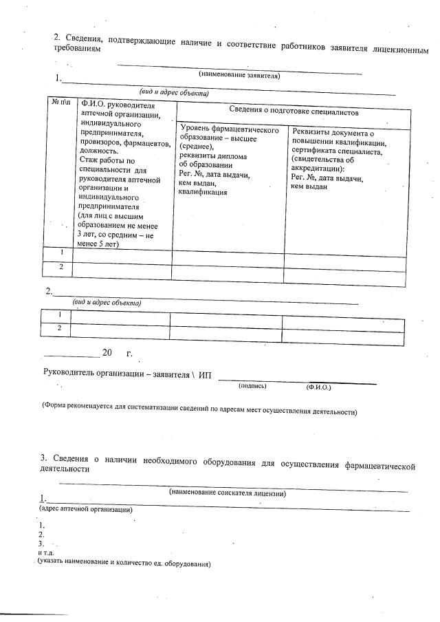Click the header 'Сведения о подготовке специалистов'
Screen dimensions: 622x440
point(293,111)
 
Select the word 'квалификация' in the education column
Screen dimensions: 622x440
point(203,193)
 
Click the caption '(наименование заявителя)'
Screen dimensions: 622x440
point(239,75)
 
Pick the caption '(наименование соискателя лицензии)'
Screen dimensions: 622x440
point(228,493)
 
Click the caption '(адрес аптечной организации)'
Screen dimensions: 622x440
point(85,510)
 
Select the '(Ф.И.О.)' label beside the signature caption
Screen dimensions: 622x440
point(318,387)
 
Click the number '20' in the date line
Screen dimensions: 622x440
point(107,353)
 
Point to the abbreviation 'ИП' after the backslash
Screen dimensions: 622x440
point(206,374)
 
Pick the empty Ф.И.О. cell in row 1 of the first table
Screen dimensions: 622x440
point(122,253)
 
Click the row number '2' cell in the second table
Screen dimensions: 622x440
point(60,328)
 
